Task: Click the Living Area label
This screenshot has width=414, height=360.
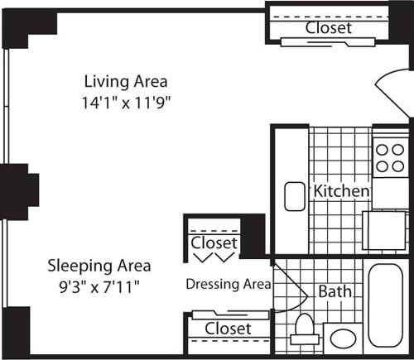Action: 126,81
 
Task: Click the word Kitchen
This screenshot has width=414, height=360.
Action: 340,191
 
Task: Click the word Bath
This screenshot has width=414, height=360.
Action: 335,291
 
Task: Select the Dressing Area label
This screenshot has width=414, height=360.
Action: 228,284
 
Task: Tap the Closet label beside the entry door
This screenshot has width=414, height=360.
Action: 328,27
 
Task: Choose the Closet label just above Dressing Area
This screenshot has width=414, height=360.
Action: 214,243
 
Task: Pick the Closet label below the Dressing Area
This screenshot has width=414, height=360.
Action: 228,329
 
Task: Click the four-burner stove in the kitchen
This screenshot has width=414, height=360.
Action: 387,157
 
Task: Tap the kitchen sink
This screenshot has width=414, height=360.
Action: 296,196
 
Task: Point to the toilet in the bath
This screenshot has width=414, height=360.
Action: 304,329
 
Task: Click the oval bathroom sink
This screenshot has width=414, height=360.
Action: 342,339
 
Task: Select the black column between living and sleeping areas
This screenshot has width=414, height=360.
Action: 18,192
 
